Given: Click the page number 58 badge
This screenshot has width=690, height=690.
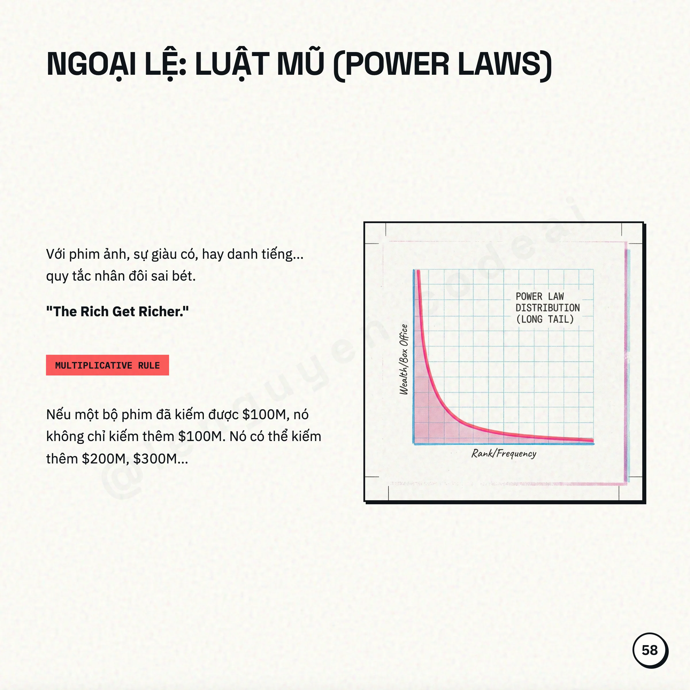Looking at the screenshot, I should (650, 650).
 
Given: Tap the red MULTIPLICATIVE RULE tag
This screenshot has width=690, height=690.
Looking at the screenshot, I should (107, 365).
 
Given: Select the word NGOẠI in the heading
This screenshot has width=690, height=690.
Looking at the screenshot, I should (91, 64).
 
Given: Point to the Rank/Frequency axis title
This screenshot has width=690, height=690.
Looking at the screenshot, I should (504, 454).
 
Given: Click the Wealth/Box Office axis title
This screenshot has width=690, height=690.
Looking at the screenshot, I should (404, 359).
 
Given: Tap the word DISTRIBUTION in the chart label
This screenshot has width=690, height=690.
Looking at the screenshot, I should (547, 308).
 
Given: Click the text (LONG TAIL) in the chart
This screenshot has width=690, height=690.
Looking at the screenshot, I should (545, 319).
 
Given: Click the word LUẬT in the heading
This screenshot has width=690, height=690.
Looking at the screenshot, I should (232, 64).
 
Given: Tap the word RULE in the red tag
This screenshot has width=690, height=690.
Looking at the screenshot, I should (149, 365).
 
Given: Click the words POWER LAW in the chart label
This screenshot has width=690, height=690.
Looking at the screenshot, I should (540, 296).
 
